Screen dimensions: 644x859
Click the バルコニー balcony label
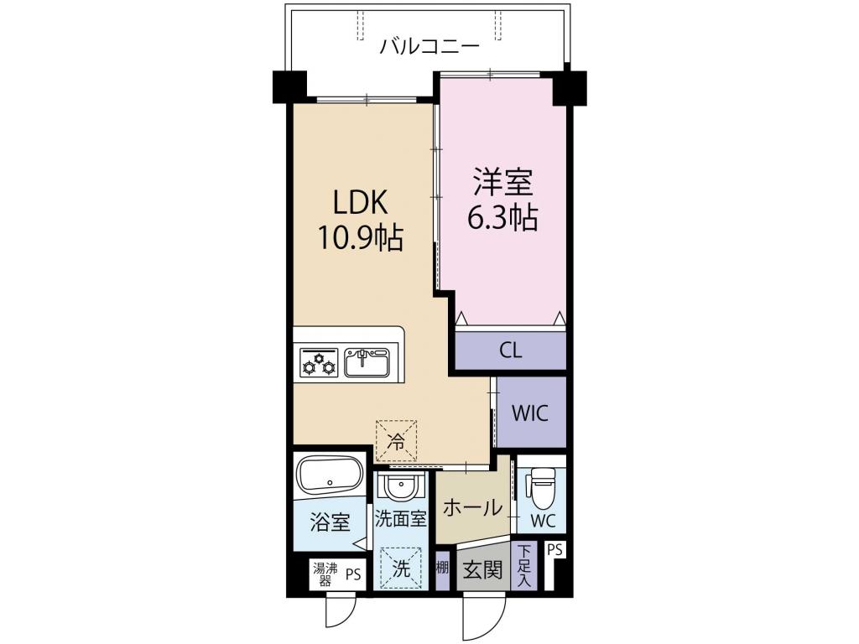(x=429, y=45)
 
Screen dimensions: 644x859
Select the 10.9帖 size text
(x=360, y=240)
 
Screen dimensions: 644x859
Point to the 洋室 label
(x=502, y=183)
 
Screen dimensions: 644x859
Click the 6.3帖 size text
(x=502, y=219)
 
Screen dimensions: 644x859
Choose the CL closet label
(x=510, y=351)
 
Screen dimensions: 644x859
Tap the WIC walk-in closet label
(x=529, y=413)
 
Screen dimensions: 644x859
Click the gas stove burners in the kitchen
(x=318, y=363)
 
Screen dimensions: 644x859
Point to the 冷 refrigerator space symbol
(x=397, y=439)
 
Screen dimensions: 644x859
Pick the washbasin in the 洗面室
(x=400, y=486)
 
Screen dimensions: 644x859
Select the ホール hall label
(x=472, y=507)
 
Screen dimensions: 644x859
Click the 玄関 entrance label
(x=482, y=571)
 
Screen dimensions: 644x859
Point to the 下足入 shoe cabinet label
(x=524, y=565)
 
